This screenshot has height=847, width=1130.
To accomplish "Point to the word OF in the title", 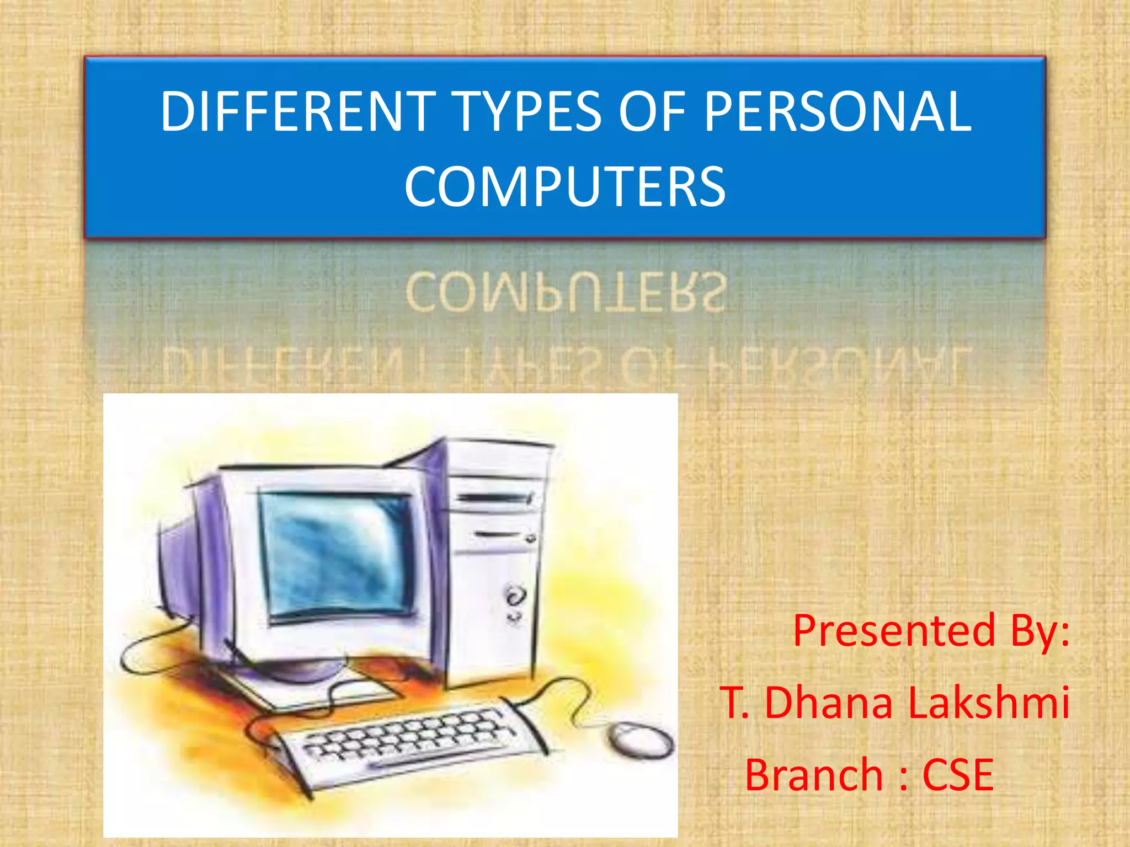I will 653,112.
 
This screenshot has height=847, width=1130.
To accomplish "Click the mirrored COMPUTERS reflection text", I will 564,292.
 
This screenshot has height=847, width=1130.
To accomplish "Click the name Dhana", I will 828,703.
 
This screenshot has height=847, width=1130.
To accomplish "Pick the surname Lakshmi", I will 988,703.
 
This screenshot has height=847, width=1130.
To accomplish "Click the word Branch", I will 814,775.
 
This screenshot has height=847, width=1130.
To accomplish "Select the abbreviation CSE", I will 958,775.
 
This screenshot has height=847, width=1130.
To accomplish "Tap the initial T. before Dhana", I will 734,703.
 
